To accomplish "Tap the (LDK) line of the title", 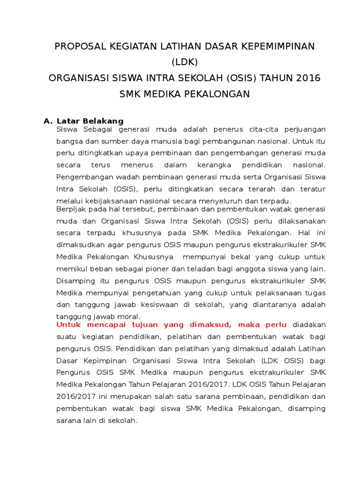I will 185,62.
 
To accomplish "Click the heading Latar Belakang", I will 90,121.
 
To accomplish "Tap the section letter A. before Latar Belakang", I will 48,121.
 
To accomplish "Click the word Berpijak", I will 72,209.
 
